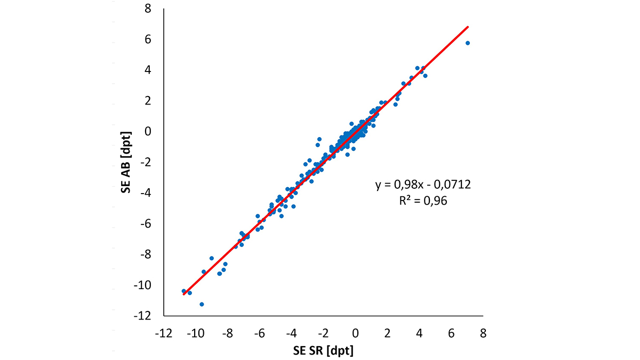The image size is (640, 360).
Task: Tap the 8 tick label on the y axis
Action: pos(150,9)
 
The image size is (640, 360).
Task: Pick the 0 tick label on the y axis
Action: pos(150,131)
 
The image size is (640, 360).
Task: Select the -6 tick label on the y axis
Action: pos(147,223)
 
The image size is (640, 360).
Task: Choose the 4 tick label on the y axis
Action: pos(150,70)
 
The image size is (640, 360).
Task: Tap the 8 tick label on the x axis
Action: pos(483,333)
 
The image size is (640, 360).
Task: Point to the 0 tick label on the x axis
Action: pos(356,333)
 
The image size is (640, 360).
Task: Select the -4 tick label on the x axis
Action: pos(291,333)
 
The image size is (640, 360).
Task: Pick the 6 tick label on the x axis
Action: pos(451,333)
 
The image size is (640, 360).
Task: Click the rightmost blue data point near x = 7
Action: pos(468,43)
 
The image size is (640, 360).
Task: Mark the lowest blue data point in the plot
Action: pos(202,304)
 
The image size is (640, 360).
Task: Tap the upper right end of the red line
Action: pos(468,26)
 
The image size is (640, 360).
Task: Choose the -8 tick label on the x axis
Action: pos(228,333)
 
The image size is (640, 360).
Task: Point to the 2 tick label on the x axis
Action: pos(388,333)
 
